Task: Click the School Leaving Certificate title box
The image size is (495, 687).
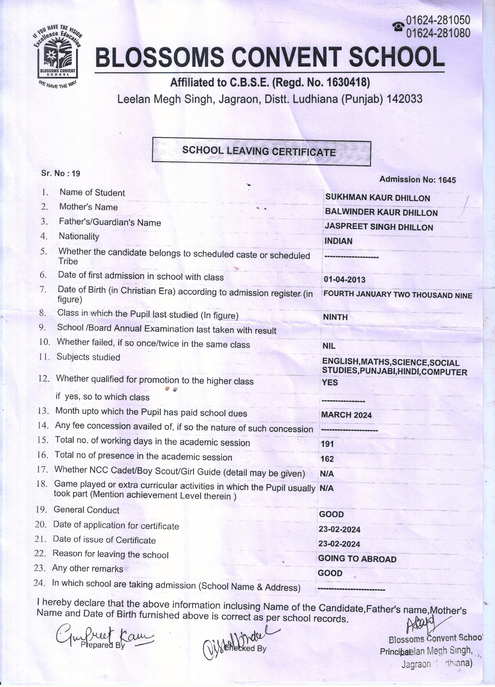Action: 261,151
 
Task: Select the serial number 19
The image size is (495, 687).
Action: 76,174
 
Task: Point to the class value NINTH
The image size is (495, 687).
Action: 335,317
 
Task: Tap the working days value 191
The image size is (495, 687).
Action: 327,444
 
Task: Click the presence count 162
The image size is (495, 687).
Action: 327,459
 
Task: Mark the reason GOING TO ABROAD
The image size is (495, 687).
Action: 357,559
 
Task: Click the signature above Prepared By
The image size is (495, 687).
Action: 103,635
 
